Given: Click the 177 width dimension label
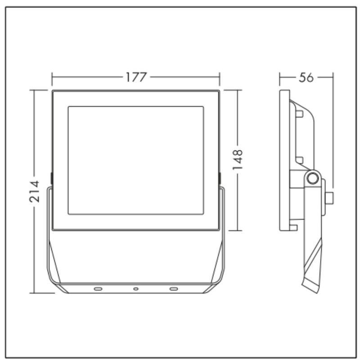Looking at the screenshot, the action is [x=136, y=77].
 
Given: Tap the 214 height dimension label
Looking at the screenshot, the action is [x=35, y=192].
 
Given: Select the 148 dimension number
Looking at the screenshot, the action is [x=238, y=160].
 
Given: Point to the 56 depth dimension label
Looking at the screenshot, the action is [x=306, y=77].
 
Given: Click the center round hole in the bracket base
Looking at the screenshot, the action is [x=136, y=289].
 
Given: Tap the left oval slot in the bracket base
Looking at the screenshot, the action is [x=98, y=288].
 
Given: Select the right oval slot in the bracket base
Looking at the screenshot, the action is [x=174, y=288].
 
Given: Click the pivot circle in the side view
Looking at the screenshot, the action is [x=312, y=178].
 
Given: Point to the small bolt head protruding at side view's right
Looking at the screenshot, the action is [x=330, y=198].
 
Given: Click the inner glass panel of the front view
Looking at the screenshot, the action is [x=136, y=160].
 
